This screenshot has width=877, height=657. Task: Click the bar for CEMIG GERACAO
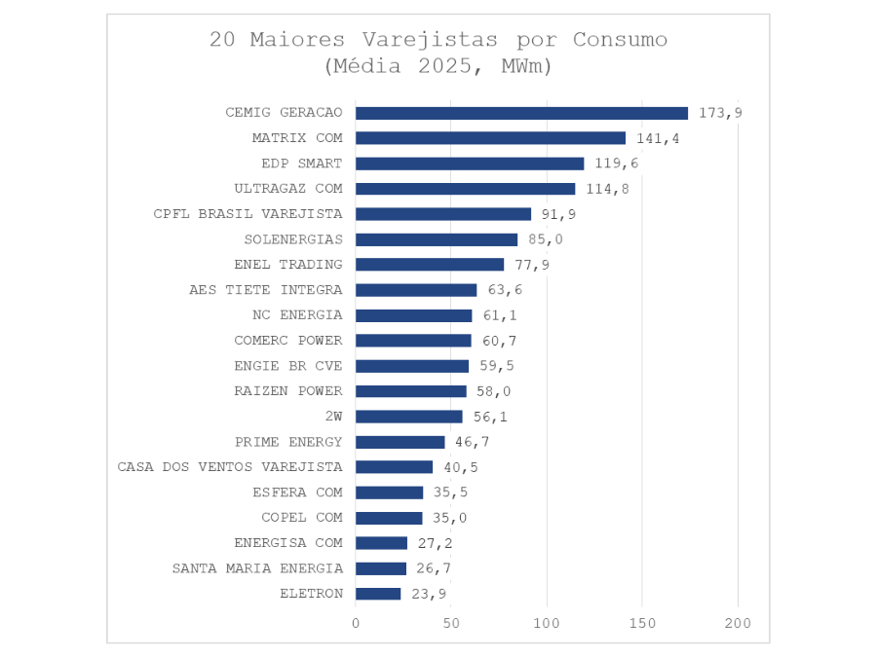[x=521, y=113]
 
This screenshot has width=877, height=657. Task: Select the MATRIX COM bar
[x=490, y=138]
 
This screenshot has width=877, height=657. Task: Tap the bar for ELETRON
[x=378, y=594]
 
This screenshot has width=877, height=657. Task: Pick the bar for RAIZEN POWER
[x=411, y=391]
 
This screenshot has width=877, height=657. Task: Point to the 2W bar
[x=409, y=417]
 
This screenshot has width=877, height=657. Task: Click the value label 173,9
[x=720, y=113]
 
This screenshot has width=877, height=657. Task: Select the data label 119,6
[x=617, y=164]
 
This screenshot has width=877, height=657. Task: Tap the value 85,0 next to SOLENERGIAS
[x=546, y=239]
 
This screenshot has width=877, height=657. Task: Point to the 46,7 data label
[x=473, y=442]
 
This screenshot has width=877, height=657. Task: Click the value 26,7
[x=434, y=568]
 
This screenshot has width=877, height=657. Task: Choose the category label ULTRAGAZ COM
[x=288, y=189]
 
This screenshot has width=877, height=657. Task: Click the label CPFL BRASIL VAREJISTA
[x=248, y=214]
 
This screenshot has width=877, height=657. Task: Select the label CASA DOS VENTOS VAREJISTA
[x=230, y=467]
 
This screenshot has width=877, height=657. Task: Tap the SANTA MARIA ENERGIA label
[x=257, y=568]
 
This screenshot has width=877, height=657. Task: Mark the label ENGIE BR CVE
[x=288, y=366]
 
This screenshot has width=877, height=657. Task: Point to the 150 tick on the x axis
[x=642, y=622]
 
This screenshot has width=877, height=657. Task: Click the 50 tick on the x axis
[x=451, y=622]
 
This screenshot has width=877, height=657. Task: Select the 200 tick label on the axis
[x=738, y=622]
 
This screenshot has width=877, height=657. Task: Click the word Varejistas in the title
[x=423, y=40]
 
